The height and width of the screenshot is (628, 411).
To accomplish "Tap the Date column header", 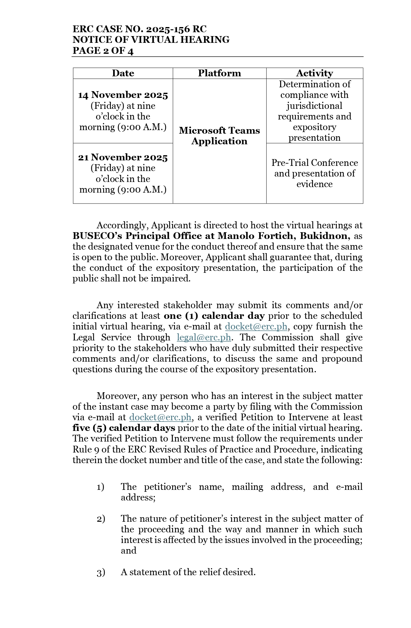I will click(123, 73).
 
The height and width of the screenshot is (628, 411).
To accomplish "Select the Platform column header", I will click(219, 73).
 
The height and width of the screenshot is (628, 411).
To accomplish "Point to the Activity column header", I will click(314, 73).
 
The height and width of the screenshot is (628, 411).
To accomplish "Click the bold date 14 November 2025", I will click(123, 95).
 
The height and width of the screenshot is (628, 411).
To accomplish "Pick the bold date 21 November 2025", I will click(123, 157).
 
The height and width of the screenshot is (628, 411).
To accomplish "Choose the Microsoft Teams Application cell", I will click(219, 136).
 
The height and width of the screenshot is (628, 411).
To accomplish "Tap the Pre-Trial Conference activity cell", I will click(314, 173).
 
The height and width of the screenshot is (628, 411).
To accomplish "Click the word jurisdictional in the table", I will click(314, 106).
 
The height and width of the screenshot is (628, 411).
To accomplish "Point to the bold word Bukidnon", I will click(325, 236).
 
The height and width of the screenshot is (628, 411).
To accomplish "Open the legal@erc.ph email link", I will click(204, 337).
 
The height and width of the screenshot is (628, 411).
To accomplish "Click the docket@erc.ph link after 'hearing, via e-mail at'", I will click(256, 327).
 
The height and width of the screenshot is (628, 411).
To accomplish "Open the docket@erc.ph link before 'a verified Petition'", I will click(160, 417).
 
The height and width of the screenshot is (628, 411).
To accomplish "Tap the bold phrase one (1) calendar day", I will click(214, 316).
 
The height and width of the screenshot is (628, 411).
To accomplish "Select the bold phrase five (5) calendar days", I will click(124, 428).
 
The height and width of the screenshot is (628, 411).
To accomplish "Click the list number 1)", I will click(100, 487).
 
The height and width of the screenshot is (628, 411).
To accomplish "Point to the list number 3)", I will click(101, 572).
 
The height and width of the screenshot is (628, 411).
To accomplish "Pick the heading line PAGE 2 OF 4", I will click(103, 51).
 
